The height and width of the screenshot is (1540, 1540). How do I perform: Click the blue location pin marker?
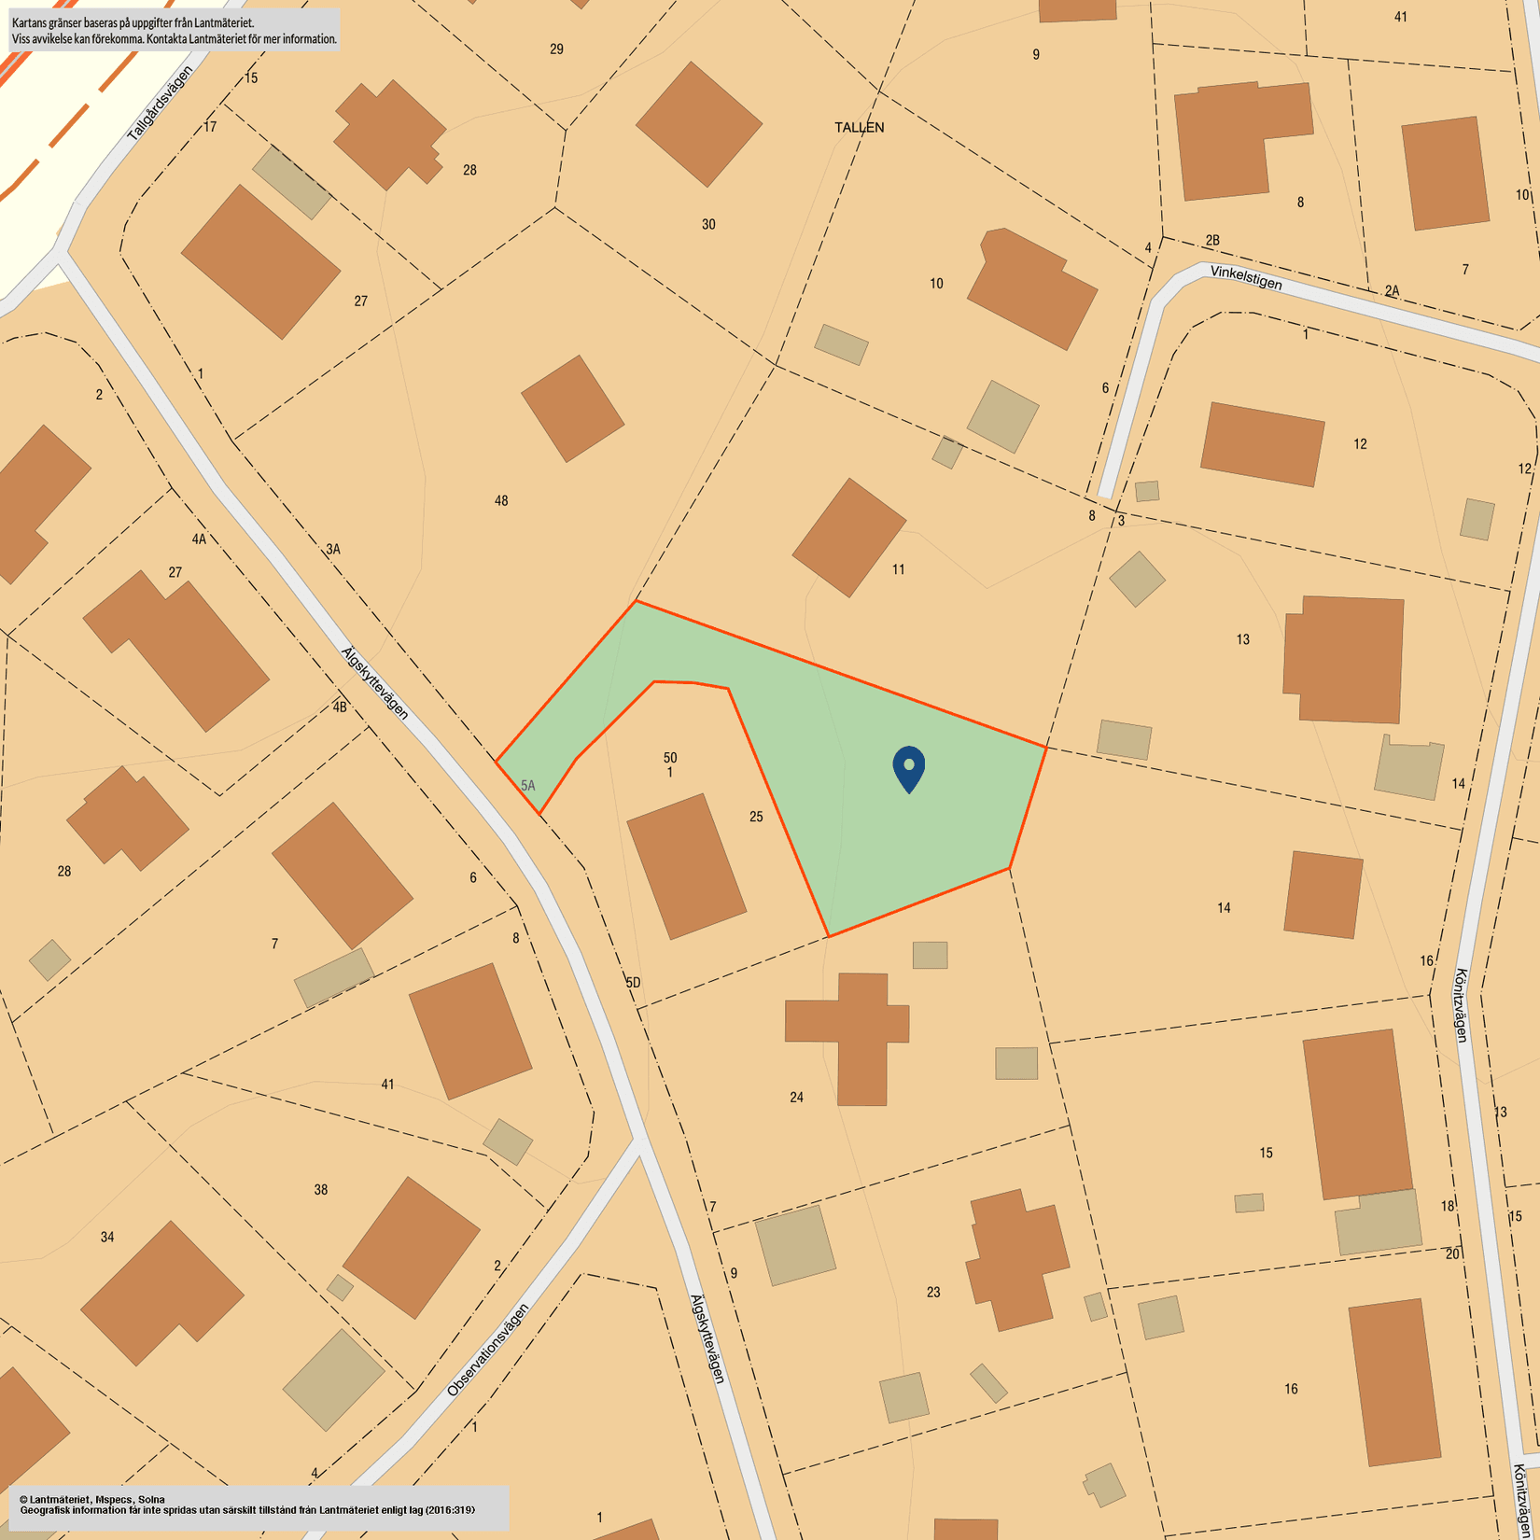click(x=908, y=767)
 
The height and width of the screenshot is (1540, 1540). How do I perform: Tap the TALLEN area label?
click(x=859, y=128)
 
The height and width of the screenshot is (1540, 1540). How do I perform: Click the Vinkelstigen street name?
click(x=1246, y=277)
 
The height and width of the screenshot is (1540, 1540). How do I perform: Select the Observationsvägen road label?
click(x=487, y=1350)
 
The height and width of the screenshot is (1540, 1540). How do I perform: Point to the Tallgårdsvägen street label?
click(x=160, y=105)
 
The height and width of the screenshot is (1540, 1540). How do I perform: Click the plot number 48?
click(x=501, y=501)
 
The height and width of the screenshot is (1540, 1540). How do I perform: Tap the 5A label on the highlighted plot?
click(x=528, y=786)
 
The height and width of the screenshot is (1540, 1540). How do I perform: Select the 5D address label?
click(x=633, y=983)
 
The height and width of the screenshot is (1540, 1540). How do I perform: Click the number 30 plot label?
click(x=708, y=224)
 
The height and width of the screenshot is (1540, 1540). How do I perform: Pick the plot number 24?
click(x=796, y=1098)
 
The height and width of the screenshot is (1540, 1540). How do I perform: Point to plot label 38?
click(x=320, y=1190)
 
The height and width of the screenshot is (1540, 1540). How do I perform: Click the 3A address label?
click(x=333, y=550)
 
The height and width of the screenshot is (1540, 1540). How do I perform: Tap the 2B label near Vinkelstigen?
click(x=1211, y=241)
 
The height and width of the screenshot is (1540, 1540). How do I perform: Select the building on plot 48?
click(x=572, y=408)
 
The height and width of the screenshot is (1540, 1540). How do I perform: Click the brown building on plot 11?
click(x=848, y=537)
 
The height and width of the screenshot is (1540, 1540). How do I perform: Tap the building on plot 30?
click(x=698, y=124)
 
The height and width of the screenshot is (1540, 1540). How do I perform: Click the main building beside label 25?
click(x=686, y=865)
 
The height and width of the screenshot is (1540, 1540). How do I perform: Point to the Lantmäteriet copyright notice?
click(x=257, y=1505)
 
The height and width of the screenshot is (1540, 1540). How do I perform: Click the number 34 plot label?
click(x=107, y=1238)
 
